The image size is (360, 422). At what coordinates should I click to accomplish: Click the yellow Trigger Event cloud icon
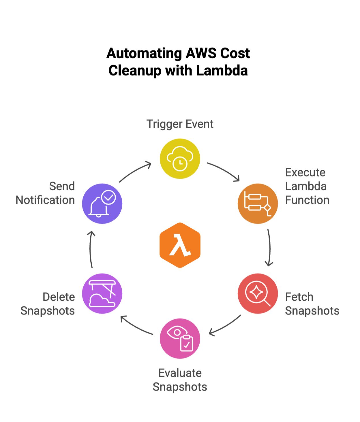tap(180, 159)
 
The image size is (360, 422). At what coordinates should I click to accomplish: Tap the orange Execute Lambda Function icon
tap(258, 204)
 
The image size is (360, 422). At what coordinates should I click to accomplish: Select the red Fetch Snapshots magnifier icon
tap(258, 293)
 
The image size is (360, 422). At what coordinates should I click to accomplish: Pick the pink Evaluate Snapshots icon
tap(180, 338)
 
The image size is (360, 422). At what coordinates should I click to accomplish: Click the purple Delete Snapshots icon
tap(102, 293)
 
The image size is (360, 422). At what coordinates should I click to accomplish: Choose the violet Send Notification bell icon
tap(102, 204)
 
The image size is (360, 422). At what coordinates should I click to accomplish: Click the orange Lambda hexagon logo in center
tap(180, 245)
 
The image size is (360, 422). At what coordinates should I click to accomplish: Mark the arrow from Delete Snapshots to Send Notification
tap(91, 249)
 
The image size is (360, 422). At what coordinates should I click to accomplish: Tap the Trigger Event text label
tap(180, 124)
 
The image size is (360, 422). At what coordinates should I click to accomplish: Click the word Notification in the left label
tap(45, 200)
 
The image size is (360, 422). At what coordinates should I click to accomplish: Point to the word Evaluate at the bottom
tap(180, 373)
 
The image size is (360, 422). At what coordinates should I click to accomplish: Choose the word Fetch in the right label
tap(299, 297)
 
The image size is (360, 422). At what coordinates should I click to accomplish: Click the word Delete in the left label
tap(59, 297)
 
